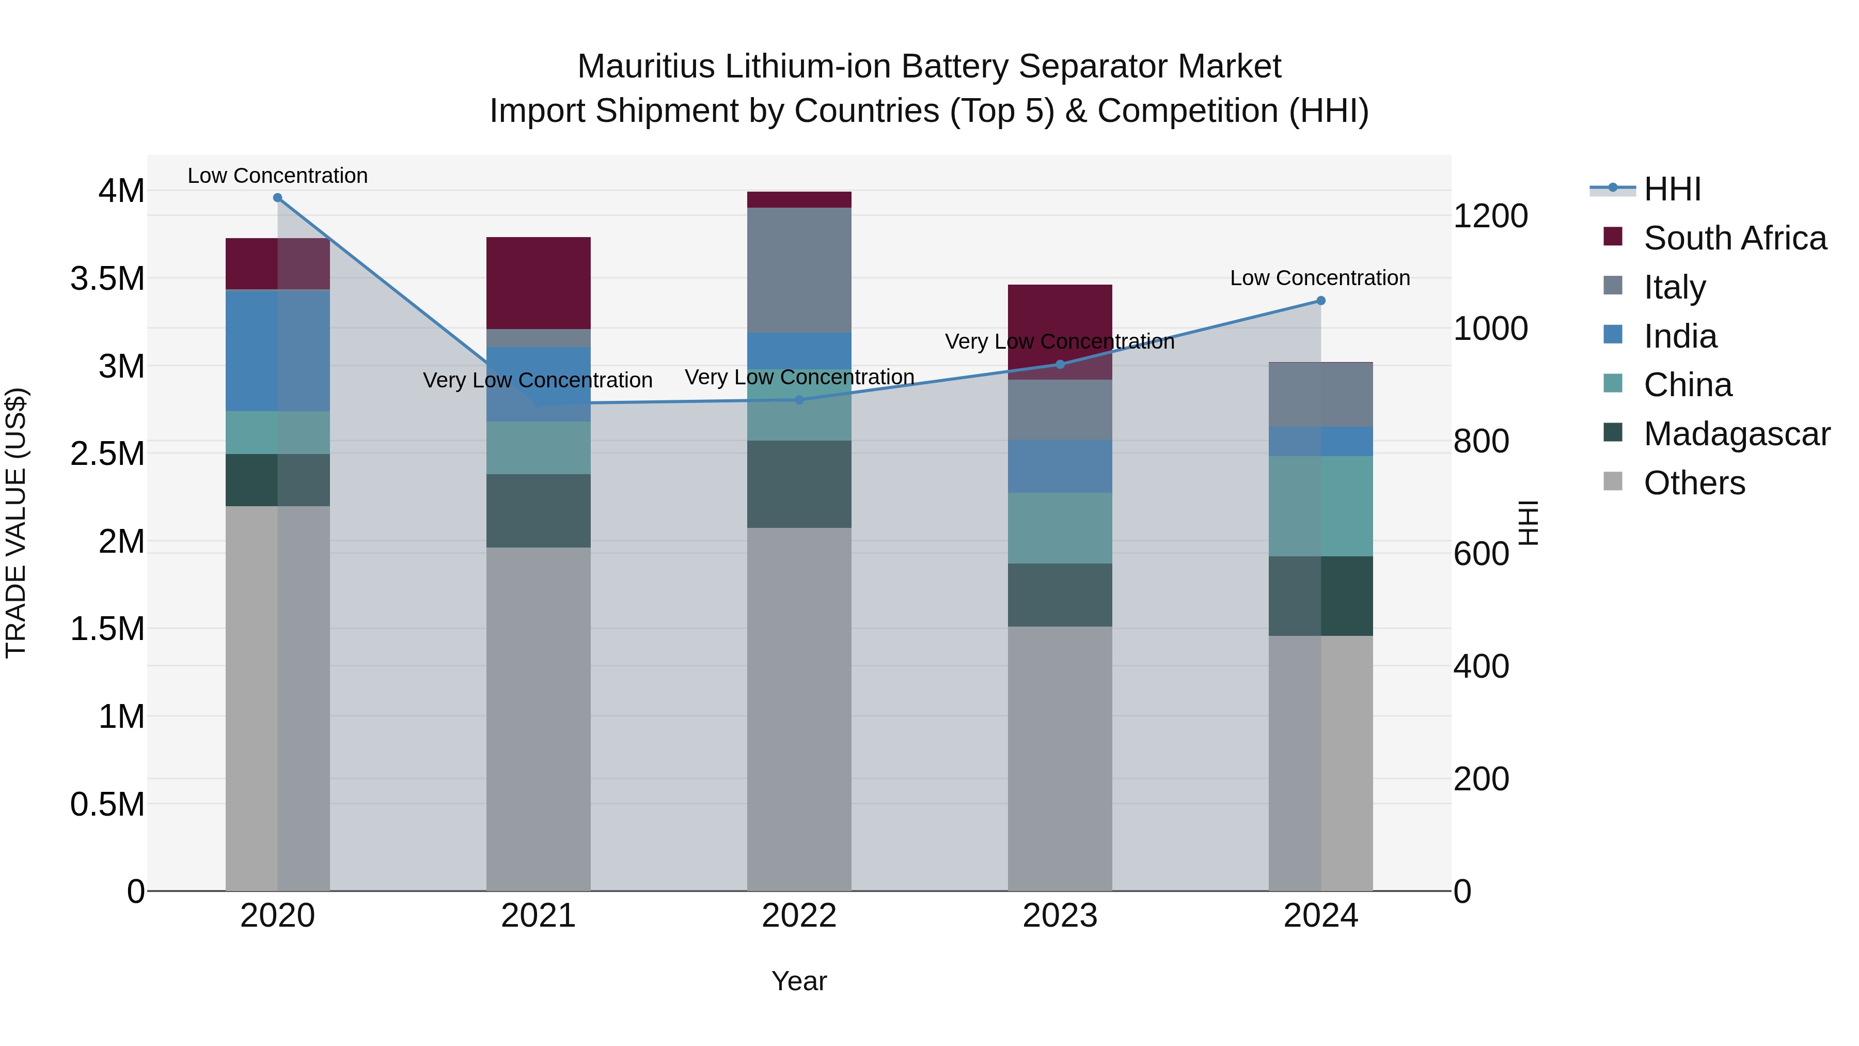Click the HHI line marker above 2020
click(277, 198)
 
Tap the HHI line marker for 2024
click(1320, 301)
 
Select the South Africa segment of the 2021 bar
click(539, 283)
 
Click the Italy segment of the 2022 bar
click(799, 270)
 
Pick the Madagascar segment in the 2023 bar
click(1060, 595)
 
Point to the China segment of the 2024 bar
click(1320, 506)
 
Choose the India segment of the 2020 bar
click(277, 350)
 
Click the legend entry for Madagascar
click(1736, 434)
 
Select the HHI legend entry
click(1672, 189)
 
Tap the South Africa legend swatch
click(1612, 237)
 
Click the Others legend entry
click(1694, 483)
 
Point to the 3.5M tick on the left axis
click(107, 278)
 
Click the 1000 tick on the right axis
click(1489, 329)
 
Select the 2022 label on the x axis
click(799, 916)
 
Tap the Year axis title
click(799, 981)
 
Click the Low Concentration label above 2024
click(1319, 278)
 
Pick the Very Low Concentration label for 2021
click(537, 380)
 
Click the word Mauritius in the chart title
click(647, 67)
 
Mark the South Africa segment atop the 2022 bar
click(799, 200)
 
